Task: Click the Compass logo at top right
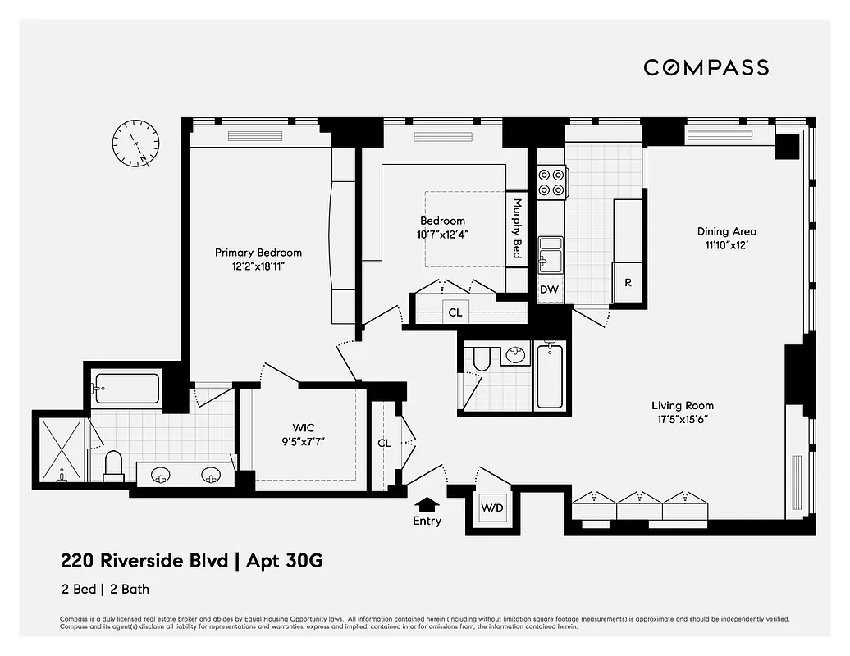click(x=706, y=67)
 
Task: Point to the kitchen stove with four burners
click(x=551, y=182)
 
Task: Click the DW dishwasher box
click(x=549, y=289)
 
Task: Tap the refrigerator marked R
click(x=628, y=283)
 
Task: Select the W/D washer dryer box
click(x=492, y=508)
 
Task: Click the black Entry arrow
click(x=427, y=504)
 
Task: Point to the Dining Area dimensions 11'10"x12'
click(x=726, y=245)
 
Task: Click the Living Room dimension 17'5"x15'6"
click(x=682, y=419)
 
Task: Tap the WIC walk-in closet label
click(x=304, y=427)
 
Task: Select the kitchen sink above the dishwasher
click(x=550, y=253)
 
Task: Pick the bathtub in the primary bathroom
click(x=126, y=388)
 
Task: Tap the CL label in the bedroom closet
click(x=455, y=312)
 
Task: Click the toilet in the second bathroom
click(x=481, y=358)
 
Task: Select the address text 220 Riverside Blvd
click(x=144, y=562)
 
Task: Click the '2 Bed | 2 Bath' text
click(x=104, y=589)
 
